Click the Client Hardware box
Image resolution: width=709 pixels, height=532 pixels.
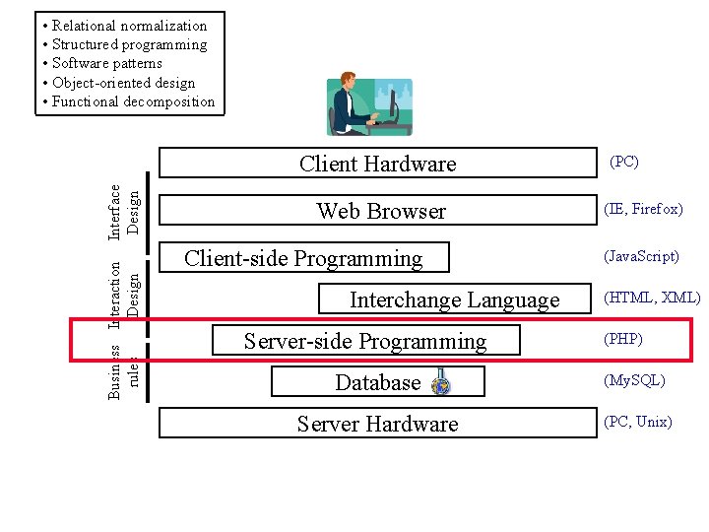point(377,164)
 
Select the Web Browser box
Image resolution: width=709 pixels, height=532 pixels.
point(381,211)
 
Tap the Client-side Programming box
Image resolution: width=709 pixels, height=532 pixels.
point(303,258)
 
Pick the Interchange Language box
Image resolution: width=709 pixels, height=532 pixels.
point(454,299)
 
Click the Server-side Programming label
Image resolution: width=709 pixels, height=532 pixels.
point(365,342)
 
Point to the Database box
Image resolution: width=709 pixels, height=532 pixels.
point(377,382)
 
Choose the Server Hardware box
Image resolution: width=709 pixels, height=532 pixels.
point(377,424)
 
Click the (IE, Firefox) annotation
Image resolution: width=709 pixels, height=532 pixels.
point(643,209)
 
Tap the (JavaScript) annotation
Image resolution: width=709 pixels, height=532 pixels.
point(641,256)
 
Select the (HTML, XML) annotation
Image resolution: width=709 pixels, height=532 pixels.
point(652,298)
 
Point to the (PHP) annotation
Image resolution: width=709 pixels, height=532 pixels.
point(623,340)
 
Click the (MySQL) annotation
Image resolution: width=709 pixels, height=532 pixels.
point(635,380)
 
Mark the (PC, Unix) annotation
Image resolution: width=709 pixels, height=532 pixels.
point(638,422)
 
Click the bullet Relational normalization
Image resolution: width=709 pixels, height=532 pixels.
point(129,26)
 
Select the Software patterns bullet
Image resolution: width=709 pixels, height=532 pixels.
point(107,63)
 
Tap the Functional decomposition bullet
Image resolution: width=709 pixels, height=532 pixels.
point(133,100)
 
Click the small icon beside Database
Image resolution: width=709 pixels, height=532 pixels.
point(441,383)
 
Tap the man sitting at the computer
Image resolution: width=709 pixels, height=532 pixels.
point(355,102)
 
